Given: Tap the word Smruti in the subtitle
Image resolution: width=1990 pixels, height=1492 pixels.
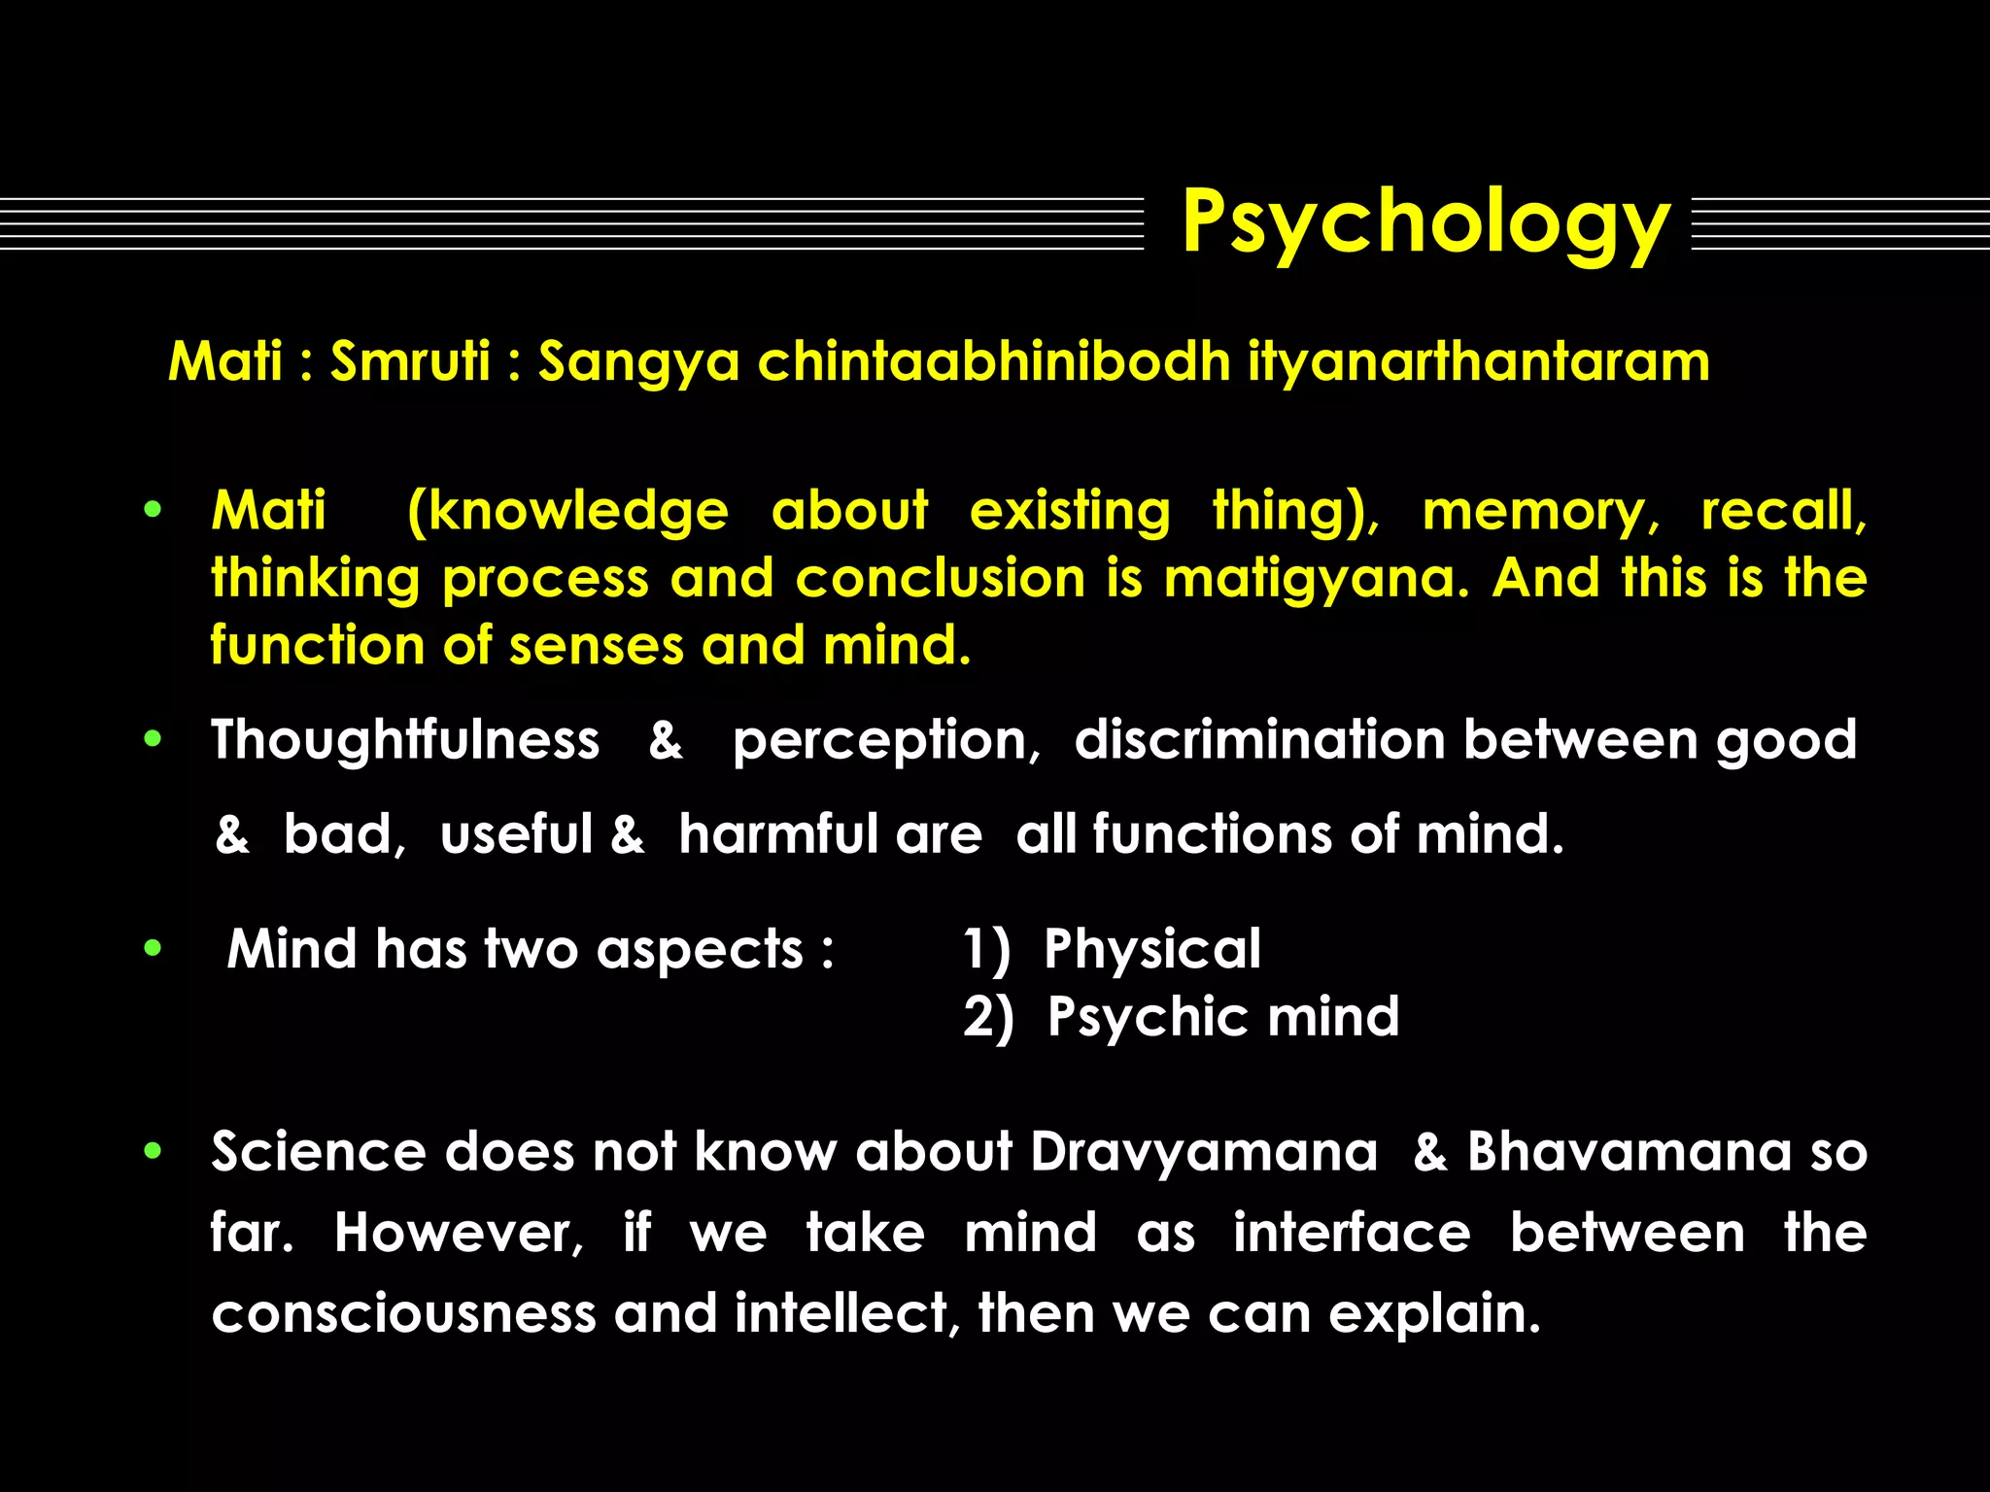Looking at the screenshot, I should [x=410, y=361].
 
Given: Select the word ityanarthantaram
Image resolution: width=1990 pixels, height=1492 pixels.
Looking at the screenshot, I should [x=1478, y=361].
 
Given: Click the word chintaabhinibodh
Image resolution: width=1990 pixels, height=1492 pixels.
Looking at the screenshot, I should [x=994, y=361].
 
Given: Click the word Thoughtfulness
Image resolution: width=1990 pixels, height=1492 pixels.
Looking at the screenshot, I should [x=405, y=740].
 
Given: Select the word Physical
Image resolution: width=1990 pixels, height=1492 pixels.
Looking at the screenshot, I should [x=1152, y=949].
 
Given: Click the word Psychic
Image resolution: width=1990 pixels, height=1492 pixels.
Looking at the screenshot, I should [x=1141, y=1017].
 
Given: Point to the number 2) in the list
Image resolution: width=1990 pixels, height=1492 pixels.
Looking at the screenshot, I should [x=987, y=1018].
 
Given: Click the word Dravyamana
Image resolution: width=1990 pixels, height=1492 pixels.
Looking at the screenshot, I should [x=1204, y=1152].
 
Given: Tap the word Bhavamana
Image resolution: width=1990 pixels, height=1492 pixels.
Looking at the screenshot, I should [x=1629, y=1152].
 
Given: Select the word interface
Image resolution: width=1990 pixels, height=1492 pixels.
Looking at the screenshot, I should [x=1352, y=1233].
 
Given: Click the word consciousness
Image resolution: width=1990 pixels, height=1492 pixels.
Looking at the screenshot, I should [x=403, y=1313].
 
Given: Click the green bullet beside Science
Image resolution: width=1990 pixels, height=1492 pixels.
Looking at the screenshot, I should [x=153, y=1152].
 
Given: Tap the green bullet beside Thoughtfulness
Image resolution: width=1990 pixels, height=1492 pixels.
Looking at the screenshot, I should [x=153, y=739].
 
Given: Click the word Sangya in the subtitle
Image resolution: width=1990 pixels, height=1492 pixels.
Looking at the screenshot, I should [x=638, y=363].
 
